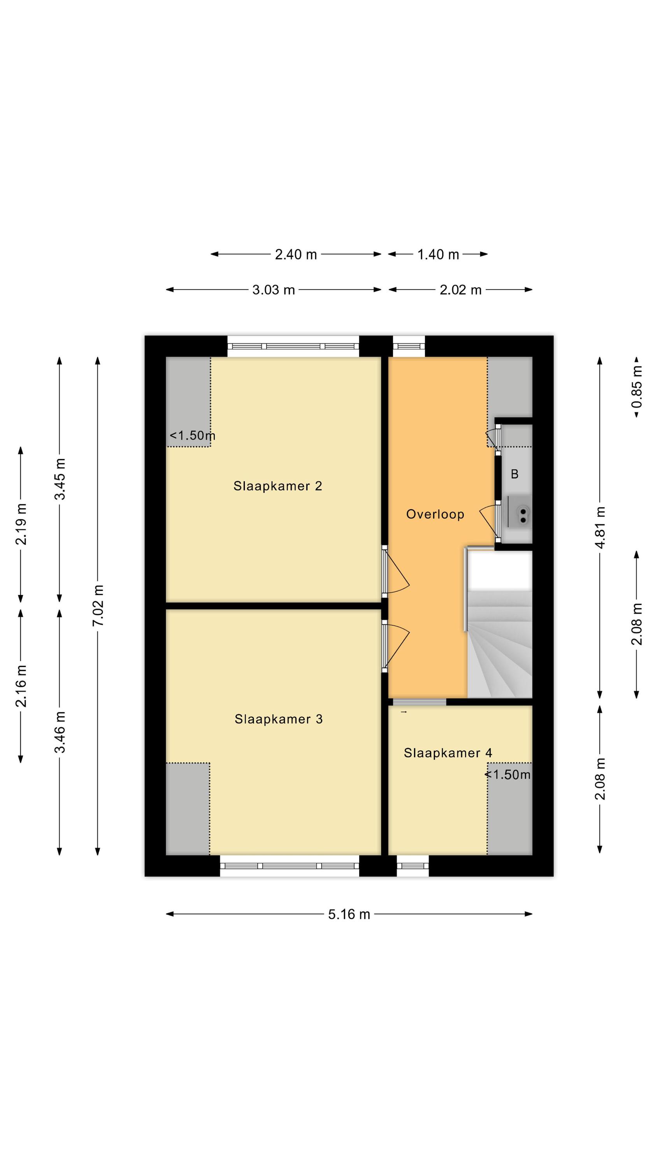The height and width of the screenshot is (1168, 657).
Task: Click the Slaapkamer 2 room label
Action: pyautogui.click(x=278, y=486)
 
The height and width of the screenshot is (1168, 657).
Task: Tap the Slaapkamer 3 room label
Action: pyautogui.click(x=278, y=719)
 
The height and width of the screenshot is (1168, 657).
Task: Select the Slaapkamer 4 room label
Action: pyautogui.click(x=448, y=753)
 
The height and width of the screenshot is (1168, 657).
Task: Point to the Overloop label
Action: pyautogui.click(x=435, y=514)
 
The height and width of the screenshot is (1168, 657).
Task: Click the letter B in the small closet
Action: pyautogui.click(x=514, y=474)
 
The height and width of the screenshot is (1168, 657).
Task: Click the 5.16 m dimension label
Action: pyautogui.click(x=349, y=914)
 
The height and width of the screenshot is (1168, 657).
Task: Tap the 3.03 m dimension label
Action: pyautogui.click(x=273, y=290)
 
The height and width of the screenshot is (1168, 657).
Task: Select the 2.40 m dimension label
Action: pyautogui.click(x=296, y=254)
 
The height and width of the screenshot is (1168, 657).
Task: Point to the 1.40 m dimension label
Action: pyautogui.click(x=438, y=254)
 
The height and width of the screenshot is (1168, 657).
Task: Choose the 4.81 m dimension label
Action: pyautogui.click(x=600, y=527)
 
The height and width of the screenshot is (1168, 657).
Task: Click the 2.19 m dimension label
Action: pyautogui.click(x=21, y=524)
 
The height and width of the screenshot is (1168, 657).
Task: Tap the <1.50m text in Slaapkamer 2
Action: pyautogui.click(x=192, y=436)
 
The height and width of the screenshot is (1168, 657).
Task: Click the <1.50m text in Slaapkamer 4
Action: pyautogui.click(x=508, y=775)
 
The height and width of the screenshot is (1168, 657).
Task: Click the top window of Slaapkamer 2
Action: pyautogui.click(x=293, y=347)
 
